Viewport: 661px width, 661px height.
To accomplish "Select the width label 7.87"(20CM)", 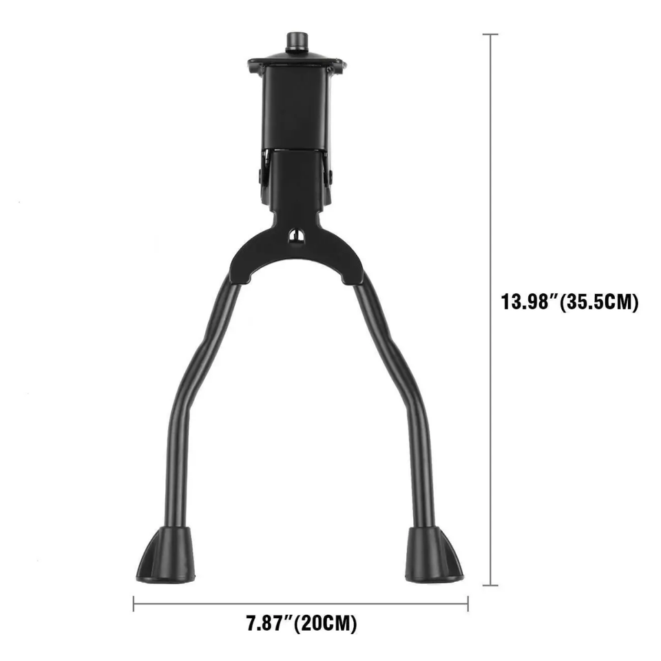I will pyautogui.click(x=302, y=625).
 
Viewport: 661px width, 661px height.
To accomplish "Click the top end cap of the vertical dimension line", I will pyautogui.click(x=490, y=34).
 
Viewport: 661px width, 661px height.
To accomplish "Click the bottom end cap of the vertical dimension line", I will pyautogui.click(x=490, y=586).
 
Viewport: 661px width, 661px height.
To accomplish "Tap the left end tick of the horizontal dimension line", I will pyautogui.click(x=133, y=605).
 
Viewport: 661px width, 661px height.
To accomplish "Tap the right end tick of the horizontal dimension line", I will pyautogui.click(x=468, y=605).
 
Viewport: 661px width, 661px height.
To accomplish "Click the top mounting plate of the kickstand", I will pyautogui.click(x=297, y=66).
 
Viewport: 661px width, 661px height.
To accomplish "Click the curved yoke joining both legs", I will pyautogui.click(x=296, y=255).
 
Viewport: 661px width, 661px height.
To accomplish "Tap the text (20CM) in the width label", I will pyautogui.click(x=325, y=625).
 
